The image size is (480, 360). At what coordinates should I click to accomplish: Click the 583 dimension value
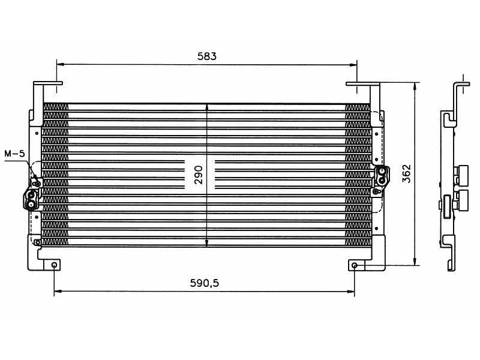206,56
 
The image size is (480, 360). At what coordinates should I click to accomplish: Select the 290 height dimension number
199,174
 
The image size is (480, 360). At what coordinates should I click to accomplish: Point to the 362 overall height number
406,173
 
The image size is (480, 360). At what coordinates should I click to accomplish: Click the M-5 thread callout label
14,154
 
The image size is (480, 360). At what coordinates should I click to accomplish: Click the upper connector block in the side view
461,173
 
